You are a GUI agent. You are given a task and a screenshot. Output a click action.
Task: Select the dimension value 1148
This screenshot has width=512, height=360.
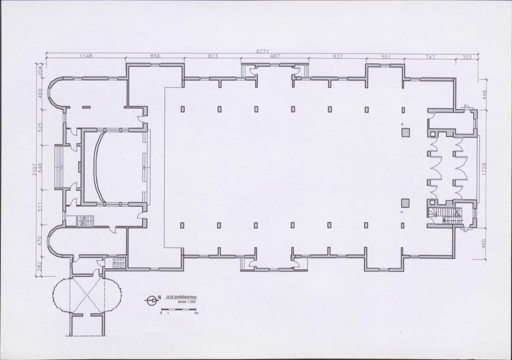(x=86, y=56)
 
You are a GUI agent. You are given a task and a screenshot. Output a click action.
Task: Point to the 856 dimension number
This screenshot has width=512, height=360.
(x=155, y=56)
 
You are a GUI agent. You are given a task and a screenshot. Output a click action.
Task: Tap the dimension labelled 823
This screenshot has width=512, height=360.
(x=213, y=56)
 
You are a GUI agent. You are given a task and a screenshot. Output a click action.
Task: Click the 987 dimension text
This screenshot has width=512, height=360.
(x=275, y=56)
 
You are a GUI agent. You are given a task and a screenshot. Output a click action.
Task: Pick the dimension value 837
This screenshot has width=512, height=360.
(x=338, y=56)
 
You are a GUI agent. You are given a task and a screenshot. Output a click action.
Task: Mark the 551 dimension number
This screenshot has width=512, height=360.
(x=386, y=57)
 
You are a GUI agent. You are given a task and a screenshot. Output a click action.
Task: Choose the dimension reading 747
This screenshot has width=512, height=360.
(x=430, y=57)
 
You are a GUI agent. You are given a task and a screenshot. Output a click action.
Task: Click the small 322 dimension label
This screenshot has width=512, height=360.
(x=467, y=58)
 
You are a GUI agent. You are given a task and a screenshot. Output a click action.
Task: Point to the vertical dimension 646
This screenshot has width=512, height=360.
(x=40, y=167)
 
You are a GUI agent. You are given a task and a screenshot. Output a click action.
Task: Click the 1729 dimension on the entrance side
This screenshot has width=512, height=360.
(x=484, y=169)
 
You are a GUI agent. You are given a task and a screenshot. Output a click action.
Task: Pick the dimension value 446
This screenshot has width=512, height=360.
(x=484, y=95)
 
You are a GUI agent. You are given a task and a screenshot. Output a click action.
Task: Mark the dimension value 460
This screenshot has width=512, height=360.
(x=484, y=243)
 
